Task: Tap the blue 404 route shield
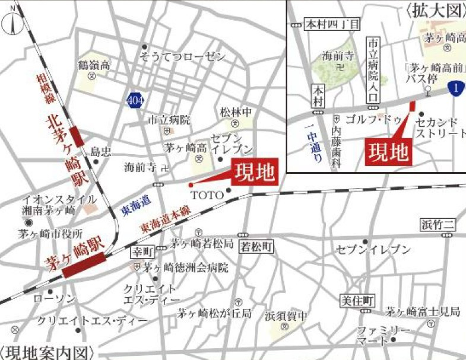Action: pyautogui.click(x=135, y=100)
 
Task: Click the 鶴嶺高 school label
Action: pyautogui.click(x=94, y=65)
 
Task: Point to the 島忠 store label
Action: pyautogui.click(x=100, y=152)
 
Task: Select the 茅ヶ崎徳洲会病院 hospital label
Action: pyautogui.click(x=185, y=267)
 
